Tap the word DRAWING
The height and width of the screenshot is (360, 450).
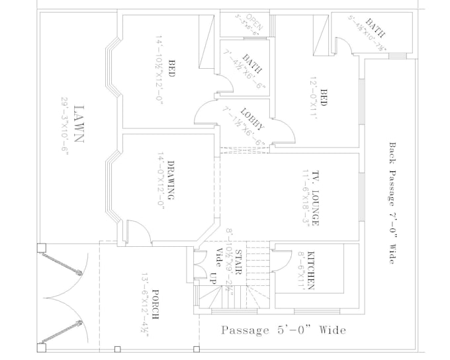[170, 181]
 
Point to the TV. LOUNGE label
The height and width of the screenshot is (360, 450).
[316, 199]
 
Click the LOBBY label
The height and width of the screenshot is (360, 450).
[253, 118]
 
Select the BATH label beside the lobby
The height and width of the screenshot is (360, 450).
[252, 64]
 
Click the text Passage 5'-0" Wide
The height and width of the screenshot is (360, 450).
[283, 330]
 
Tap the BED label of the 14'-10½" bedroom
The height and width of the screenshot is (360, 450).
[171, 69]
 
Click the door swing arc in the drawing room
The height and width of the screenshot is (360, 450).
[136, 230]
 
